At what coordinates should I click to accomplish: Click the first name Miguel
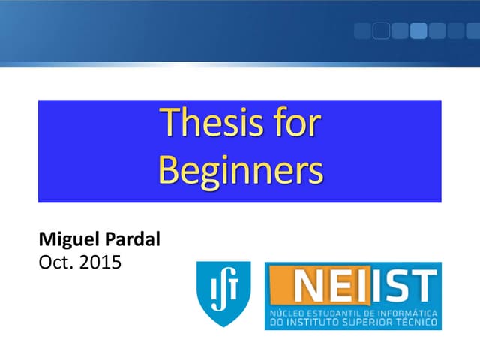tap(66, 242)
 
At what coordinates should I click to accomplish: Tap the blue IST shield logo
tap(223, 293)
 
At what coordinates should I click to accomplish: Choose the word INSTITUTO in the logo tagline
tap(319, 322)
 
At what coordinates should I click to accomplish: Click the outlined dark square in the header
tap(381, 31)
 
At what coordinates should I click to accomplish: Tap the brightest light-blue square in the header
tap(418, 31)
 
